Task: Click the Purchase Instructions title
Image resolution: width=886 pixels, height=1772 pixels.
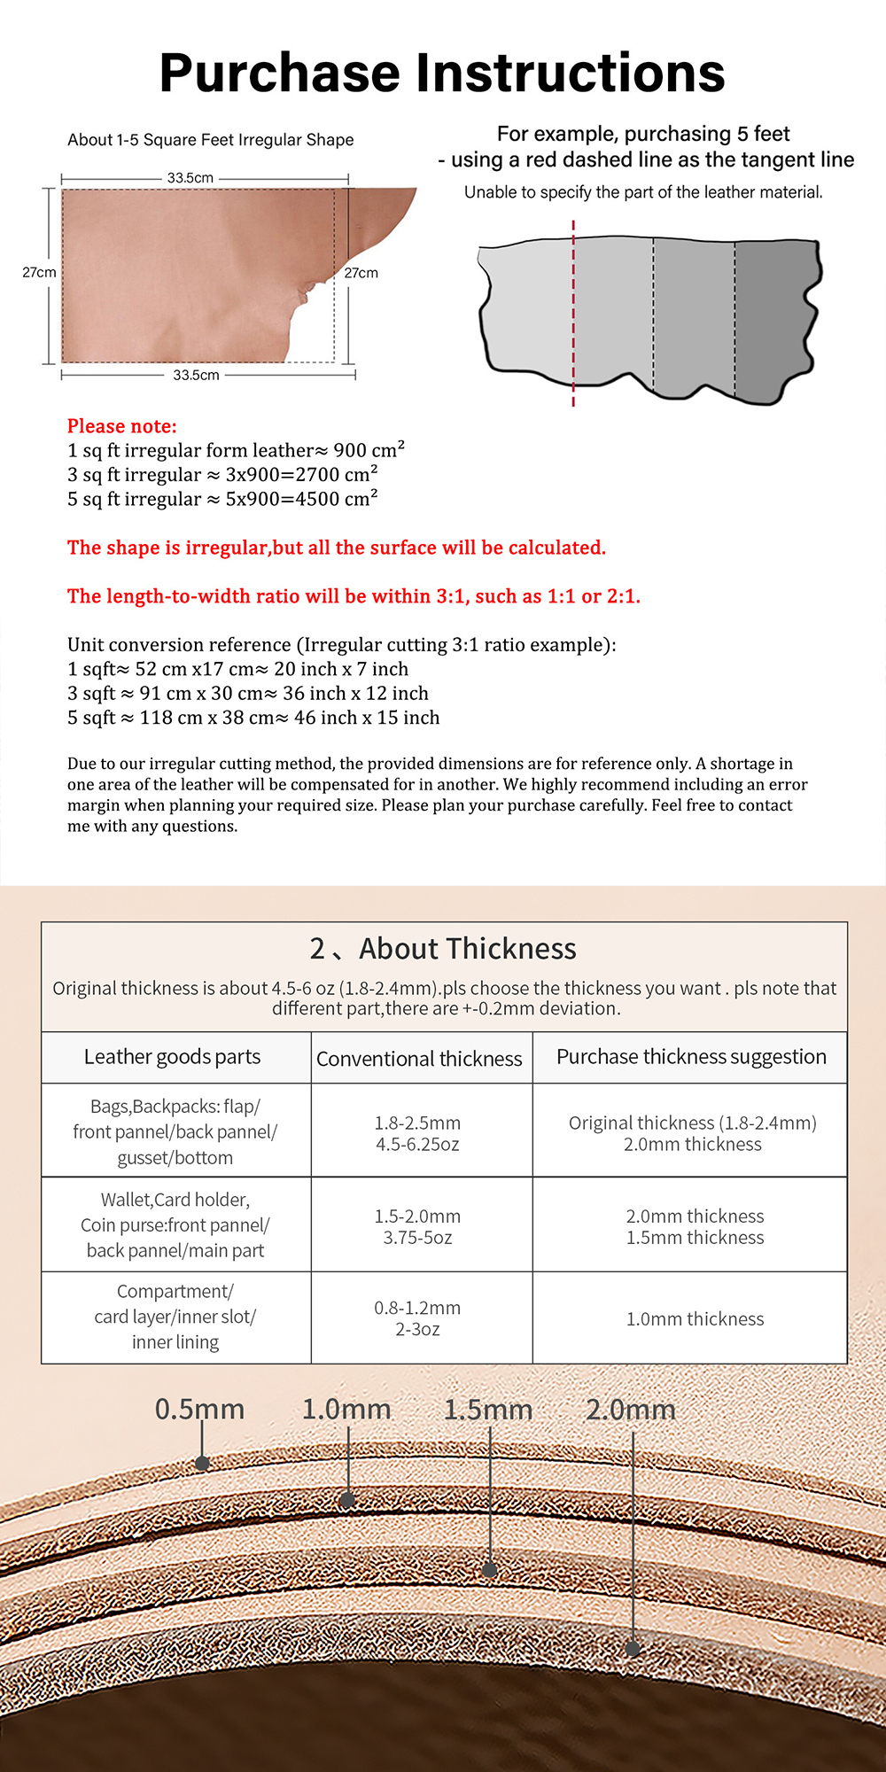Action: coord(442,73)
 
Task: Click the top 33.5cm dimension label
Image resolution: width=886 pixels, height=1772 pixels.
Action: coord(190,178)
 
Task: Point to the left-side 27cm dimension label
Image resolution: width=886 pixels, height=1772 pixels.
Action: coord(39,273)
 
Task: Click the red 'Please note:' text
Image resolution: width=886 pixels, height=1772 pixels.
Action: coord(122,426)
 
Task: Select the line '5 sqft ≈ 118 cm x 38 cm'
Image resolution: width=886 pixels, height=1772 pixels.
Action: coord(253,718)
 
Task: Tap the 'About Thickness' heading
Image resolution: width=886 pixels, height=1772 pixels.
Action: coord(467,949)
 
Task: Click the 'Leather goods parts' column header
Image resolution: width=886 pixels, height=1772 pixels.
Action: coord(173,1057)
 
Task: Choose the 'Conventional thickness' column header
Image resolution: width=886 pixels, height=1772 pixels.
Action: coord(420,1059)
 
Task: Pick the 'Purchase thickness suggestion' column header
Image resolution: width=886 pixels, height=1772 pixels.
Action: coord(691,1057)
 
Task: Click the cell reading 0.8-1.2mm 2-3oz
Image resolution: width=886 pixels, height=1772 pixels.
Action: coord(417,1318)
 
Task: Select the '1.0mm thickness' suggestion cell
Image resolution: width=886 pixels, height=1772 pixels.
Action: coord(695,1319)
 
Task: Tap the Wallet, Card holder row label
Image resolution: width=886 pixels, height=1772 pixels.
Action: coord(175,1225)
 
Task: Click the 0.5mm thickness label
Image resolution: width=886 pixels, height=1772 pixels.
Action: coord(199,1410)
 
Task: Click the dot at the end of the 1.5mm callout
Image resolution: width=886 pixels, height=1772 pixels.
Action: coord(490,1570)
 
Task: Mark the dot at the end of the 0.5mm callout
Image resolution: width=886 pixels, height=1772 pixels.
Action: coord(202,1463)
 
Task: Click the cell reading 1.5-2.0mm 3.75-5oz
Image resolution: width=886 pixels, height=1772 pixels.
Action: coord(417,1227)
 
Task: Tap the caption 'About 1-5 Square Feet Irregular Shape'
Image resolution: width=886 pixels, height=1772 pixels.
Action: coord(211,140)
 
